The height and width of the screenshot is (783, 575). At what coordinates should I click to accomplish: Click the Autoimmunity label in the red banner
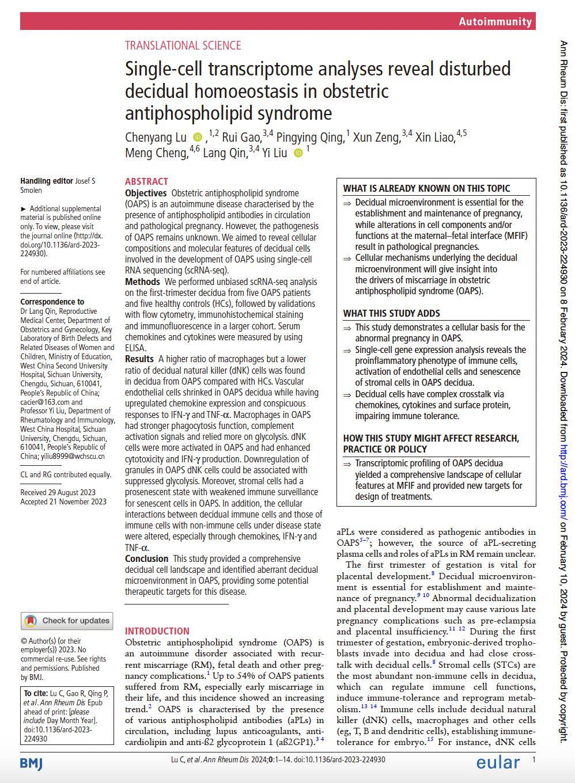[x=495, y=21]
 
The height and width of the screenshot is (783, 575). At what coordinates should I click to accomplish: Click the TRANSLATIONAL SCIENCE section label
[x=183, y=45]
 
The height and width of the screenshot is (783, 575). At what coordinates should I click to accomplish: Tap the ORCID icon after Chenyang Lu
[x=198, y=137]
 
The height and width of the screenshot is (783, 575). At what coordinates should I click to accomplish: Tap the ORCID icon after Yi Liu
[x=298, y=153]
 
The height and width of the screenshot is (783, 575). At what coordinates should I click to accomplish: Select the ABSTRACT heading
[x=146, y=181]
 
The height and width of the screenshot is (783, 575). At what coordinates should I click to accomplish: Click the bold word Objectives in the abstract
[x=146, y=193]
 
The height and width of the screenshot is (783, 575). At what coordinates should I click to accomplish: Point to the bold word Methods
[x=142, y=282]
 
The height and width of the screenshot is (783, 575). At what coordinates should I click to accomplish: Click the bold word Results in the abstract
[x=139, y=359]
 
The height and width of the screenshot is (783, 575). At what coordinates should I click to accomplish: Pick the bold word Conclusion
[x=146, y=558]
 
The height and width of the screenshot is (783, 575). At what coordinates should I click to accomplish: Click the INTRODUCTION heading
[x=157, y=630]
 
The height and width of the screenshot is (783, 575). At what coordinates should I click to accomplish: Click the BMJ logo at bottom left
[x=31, y=763]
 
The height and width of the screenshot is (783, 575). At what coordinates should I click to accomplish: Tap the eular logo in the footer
[x=498, y=762]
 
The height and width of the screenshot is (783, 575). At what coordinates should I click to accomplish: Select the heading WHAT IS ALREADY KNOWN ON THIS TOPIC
[x=426, y=188]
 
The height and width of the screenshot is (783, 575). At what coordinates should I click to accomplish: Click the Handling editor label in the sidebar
[x=47, y=181]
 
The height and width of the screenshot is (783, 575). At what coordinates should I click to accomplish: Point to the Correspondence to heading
[x=52, y=302]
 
